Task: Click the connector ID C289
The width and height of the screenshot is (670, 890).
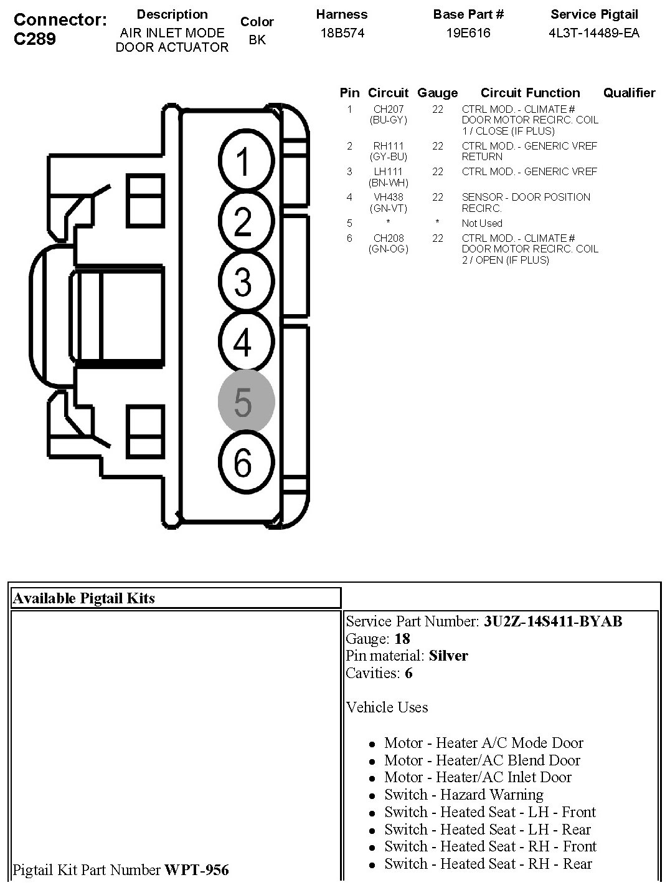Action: click(x=35, y=39)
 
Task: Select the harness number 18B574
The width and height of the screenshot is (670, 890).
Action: click(x=342, y=34)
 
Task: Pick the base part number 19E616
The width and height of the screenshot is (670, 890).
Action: click(x=468, y=34)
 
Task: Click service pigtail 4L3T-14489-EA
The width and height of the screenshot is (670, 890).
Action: click(x=594, y=34)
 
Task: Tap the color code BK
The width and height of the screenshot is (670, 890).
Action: click(x=257, y=40)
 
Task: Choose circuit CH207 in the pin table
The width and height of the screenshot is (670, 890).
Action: click(x=389, y=109)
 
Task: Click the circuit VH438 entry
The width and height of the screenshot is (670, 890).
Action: click(x=389, y=197)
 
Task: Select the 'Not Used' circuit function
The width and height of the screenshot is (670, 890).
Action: click(x=482, y=223)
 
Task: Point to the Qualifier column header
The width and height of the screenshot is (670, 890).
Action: click(x=629, y=93)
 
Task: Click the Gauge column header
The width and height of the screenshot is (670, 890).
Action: click(x=437, y=93)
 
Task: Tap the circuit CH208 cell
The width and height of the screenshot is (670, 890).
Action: click(x=389, y=238)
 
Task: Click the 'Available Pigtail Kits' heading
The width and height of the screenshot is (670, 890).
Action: click(x=84, y=598)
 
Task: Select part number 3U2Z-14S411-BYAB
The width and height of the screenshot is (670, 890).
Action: click(x=552, y=621)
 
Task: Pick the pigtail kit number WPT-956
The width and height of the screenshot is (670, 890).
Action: click(x=196, y=870)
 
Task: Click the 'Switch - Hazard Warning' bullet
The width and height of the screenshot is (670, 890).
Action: click(x=463, y=795)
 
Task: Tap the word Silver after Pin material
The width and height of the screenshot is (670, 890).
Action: click(x=448, y=656)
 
